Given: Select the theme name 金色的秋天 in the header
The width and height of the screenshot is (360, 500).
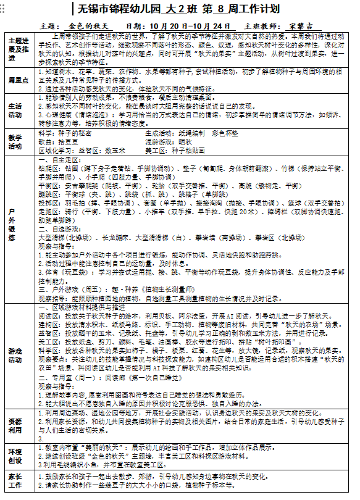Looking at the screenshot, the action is point(86,27).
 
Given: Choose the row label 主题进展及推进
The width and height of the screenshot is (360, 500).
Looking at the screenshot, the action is point(19,48).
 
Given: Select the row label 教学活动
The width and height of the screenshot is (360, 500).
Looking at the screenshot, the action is point(19,141).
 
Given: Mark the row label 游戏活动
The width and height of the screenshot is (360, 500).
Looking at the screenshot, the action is point(19,354).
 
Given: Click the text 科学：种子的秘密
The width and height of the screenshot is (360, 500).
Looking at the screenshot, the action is point(65,133).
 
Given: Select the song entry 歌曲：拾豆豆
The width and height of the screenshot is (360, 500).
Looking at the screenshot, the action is point(60,141).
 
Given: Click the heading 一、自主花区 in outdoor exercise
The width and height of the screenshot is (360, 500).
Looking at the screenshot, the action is point(62,159).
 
